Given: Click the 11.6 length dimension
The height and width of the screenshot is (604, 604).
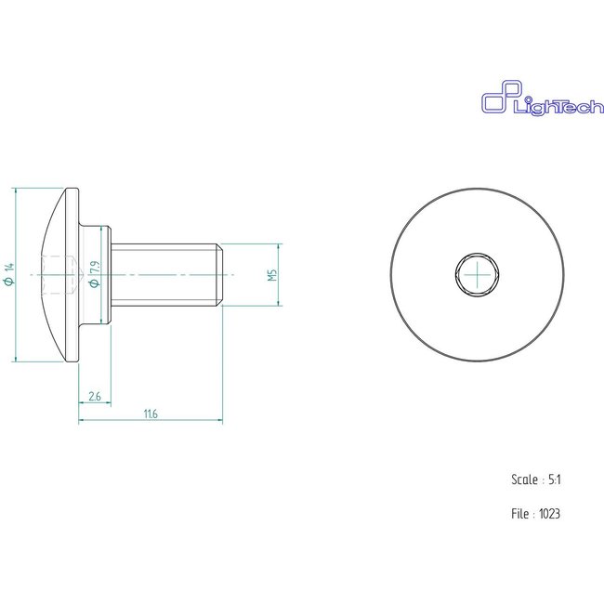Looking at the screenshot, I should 151,414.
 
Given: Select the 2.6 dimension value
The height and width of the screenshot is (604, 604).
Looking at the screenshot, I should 94,397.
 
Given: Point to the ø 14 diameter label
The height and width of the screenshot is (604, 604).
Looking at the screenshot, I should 8,275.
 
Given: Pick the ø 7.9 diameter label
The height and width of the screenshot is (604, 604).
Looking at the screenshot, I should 93,274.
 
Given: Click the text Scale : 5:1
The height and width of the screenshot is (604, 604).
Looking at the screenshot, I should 535,479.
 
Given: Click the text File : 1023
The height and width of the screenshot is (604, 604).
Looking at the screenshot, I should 535,513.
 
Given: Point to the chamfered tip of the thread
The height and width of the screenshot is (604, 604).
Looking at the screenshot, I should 220,275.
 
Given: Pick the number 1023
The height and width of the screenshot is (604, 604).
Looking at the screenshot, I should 549,513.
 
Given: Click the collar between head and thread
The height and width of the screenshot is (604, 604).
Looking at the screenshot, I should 96,275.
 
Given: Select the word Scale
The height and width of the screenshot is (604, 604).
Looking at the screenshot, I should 523,479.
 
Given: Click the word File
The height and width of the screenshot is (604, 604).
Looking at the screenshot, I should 519,513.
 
